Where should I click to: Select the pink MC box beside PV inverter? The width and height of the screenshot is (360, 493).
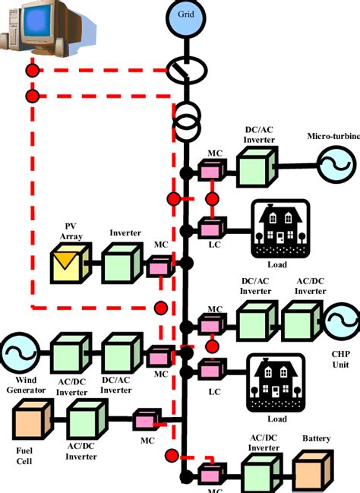coord(160,266)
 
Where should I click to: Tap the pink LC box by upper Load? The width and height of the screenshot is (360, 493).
coord(210,227)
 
